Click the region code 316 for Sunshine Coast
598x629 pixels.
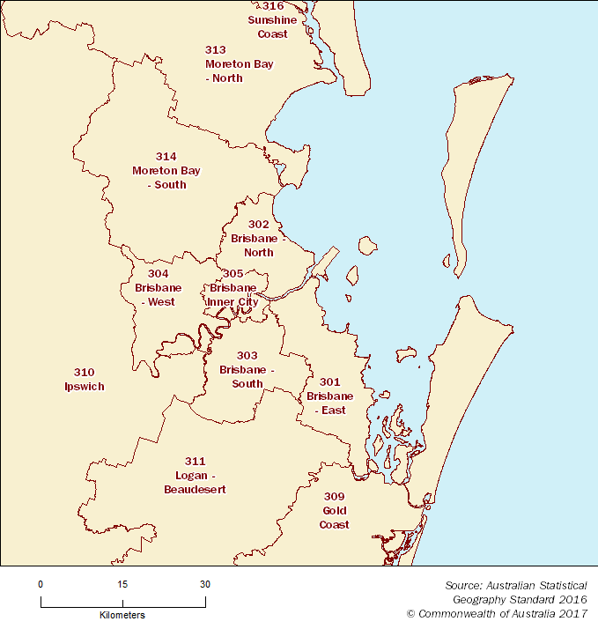pos(273,6)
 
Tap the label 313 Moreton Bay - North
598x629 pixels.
pos(224,64)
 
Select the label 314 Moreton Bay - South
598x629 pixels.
pos(159,171)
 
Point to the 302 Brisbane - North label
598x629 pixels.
pos(259,239)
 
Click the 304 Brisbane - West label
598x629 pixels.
pos(159,288)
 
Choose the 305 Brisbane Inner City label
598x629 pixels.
pos(233,288)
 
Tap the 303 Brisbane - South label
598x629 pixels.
pos(247,370)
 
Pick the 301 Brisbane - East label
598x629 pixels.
pos(329,396)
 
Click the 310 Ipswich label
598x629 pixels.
pos(85,380)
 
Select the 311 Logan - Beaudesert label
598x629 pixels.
pos(195,476)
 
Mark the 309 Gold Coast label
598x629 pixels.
pos(335,511)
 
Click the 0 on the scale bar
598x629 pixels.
pos(41,584)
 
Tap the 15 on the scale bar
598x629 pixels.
pos(122,584)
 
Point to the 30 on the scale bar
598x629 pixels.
pos(205,584)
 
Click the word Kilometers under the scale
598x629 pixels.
pos(122,615)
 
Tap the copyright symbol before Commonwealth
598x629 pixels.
pos(411,613)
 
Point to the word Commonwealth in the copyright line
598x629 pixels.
pos(456,613)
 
